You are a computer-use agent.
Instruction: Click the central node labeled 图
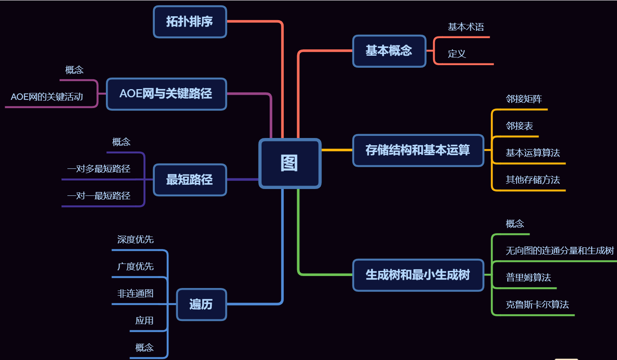(x=290, y=163)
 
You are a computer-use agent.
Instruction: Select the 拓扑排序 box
(x=190, y=21)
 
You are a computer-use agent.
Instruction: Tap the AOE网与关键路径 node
(x=166, y=94)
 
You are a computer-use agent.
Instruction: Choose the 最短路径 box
(x=190, y=180)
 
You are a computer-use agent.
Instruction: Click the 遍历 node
(x=201, y=304)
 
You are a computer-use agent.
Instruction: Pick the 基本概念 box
(x=389, y=51)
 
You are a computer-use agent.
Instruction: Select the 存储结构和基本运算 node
(x=418, y=150)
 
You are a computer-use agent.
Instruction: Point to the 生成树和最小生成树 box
(x=418, y=275)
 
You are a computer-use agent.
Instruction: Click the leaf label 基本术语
(x=466, y=27)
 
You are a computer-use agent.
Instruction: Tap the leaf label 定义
(x=457, y=54)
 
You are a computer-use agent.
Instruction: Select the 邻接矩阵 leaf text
(x=524, y=99)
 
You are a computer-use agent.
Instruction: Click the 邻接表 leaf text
(x=519, y=126)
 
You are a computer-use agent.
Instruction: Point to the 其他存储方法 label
(x=533, y=180)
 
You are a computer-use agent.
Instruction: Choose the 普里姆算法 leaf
(x=528, y=277)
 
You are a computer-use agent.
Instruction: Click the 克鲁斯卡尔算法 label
(x=537, y=305)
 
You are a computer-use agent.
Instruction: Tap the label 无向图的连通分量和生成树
(x=560, y=251)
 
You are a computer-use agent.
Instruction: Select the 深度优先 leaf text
(x=135, y=240)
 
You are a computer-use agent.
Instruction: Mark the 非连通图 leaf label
(x=135, y=294)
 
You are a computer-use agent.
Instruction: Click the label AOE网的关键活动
(x=47, y=97)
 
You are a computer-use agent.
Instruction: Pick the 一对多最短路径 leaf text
(x=99, y=169)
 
